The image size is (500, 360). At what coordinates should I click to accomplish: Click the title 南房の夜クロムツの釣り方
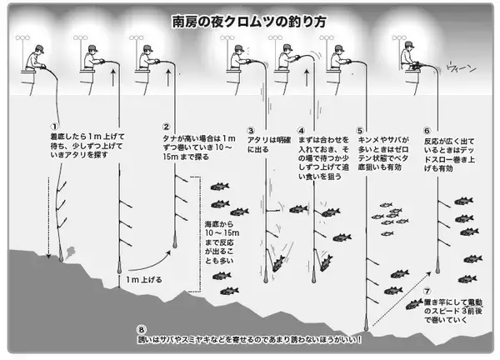click(249, 17)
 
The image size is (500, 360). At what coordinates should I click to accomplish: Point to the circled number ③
click(250, 131)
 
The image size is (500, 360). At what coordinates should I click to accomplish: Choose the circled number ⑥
click(427, 131)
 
